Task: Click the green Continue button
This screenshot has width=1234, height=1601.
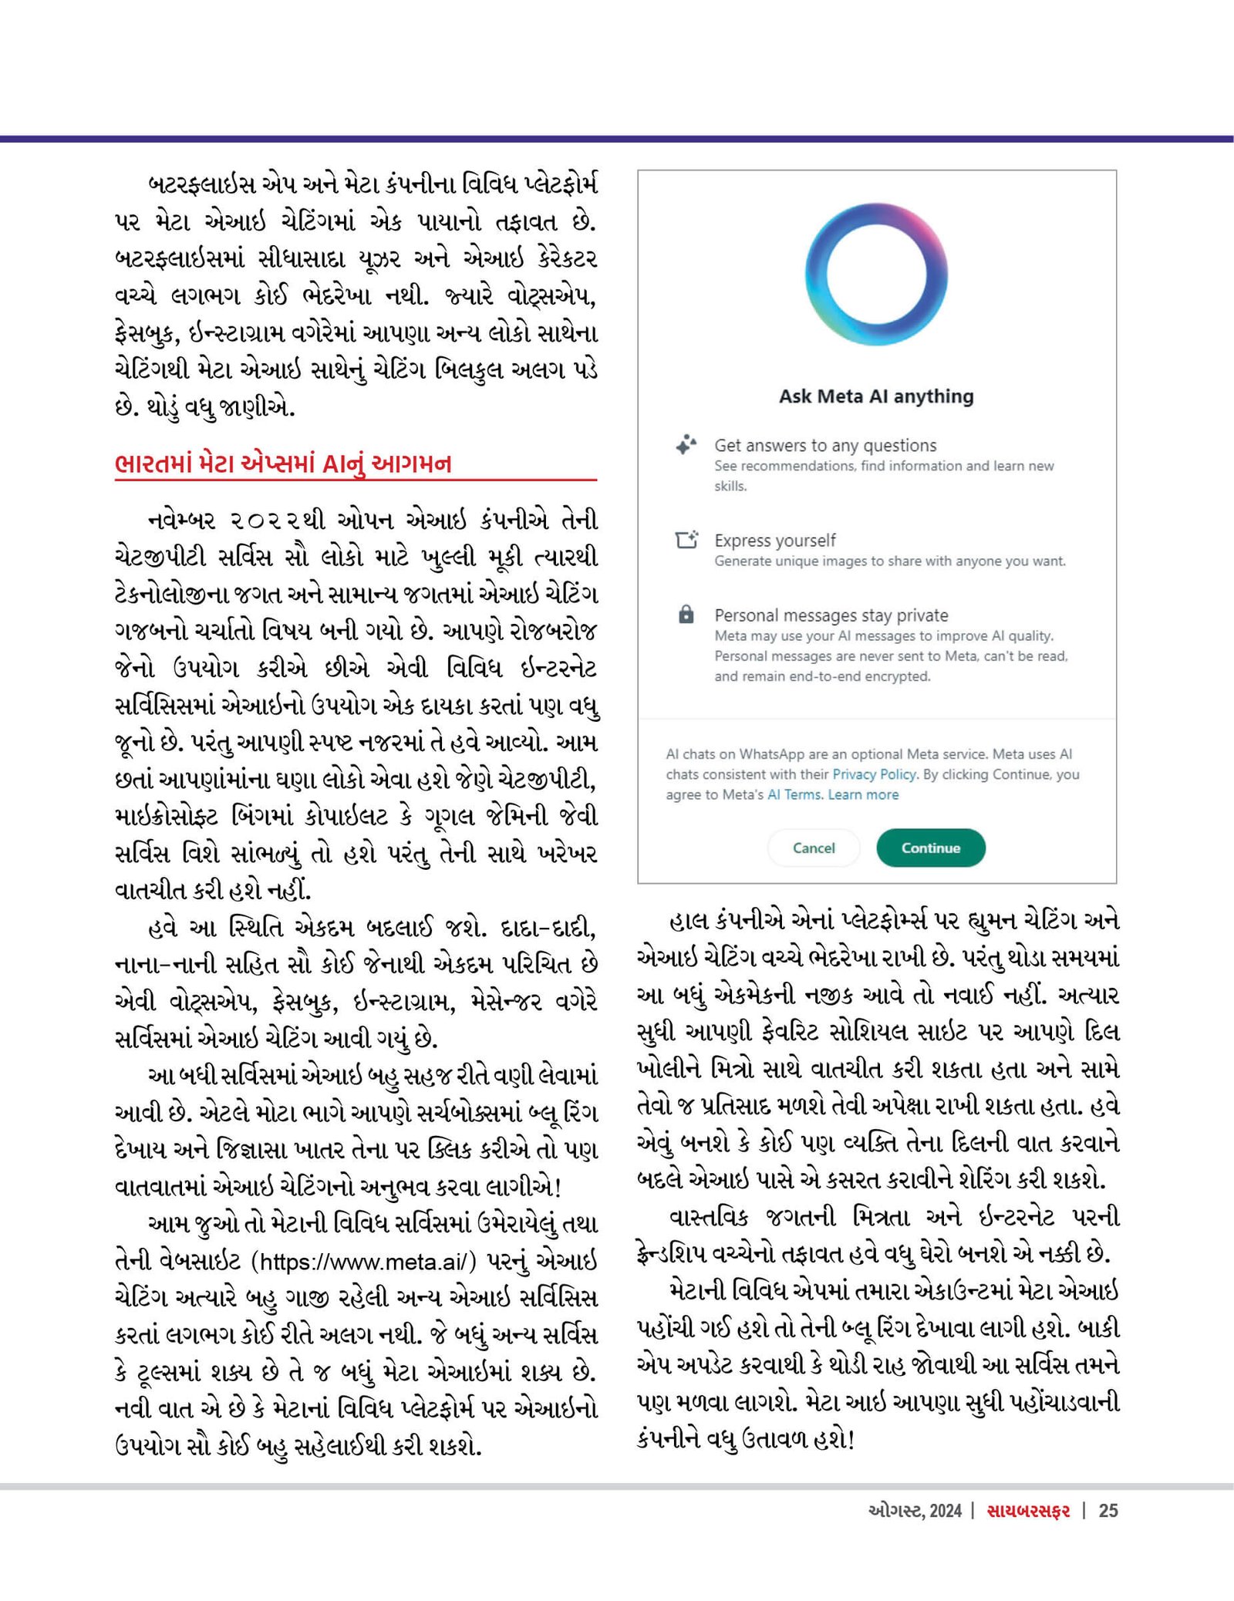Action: click(x=930, y=848)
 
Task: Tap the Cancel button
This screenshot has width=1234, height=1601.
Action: click(x=813, y=848)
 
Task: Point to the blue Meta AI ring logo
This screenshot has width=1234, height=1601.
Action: click(x=876, y=275)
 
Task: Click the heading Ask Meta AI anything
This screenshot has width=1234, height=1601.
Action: click(x=876, y=396)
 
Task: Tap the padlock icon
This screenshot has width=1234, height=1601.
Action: click(x=686, y=615)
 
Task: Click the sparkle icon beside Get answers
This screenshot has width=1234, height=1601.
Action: click(x=686, y=445)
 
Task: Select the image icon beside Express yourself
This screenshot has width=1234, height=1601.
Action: click(x=686, y=540)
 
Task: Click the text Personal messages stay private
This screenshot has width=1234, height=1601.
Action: click(x=831, y=615)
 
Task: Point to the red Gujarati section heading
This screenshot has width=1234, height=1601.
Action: click(x=283, y=463)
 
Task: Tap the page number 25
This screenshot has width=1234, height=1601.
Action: click(x=1108, y=1510)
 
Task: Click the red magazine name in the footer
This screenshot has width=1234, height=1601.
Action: click(x=1028, y=1510)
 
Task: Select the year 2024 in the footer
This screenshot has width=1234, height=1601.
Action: click(x=945, y=1510)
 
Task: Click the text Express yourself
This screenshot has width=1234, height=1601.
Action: click(x=774, y=541)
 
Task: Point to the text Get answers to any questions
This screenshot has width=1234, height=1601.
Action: click(x=824, y=445)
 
